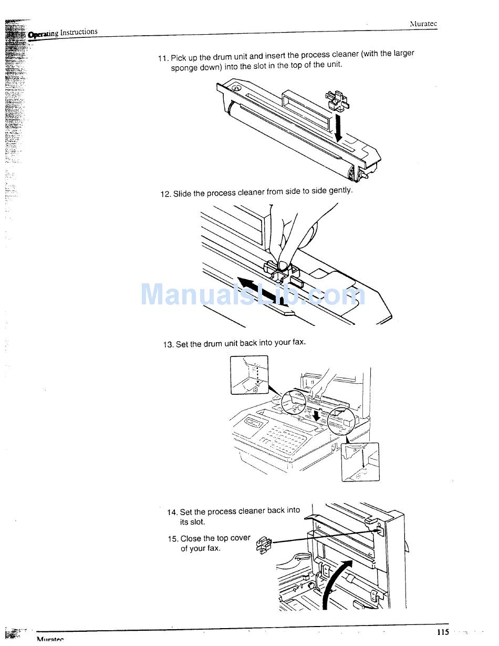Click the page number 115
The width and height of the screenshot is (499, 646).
coord(442,632)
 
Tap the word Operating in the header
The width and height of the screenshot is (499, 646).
coord(43,34)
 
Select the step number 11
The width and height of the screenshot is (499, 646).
coord(163,58)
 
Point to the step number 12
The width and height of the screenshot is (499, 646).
coord(165,194)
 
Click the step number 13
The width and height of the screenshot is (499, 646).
coord(168,345)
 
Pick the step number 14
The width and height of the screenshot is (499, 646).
coord(172,512)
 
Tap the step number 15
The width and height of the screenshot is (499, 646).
coord(173,539)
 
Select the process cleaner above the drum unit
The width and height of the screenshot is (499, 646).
coord(337,100)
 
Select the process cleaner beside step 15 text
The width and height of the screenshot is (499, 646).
coord(263,545)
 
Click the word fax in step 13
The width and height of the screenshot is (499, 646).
coord(298,342)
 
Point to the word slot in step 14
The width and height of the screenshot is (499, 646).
coord(198,522)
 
